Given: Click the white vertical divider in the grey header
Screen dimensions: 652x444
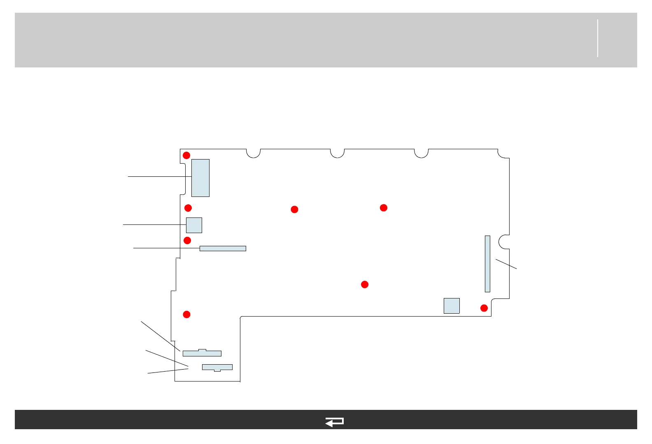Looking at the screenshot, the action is [597, 38].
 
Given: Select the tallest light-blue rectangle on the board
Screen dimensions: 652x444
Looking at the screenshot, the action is [200, 178].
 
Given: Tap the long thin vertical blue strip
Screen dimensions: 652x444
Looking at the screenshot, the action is [487, 264].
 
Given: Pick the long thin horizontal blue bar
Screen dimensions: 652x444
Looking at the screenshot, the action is [223, 248].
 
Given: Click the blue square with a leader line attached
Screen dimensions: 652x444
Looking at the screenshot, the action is [194, 225].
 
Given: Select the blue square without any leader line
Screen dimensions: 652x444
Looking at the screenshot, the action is [452, 305].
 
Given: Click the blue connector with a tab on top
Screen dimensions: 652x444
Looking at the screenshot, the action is [202, 353].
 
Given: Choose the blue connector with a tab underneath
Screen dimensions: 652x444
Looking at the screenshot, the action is [217, 367].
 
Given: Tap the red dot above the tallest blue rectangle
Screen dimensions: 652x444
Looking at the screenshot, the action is [186, 155].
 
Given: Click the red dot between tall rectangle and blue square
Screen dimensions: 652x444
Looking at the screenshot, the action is [188, 208].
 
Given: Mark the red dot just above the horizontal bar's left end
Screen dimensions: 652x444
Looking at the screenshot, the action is [187, 240].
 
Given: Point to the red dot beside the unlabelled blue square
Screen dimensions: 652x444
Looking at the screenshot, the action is [484, 308].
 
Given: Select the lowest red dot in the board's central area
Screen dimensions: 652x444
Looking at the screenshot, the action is [365, 284].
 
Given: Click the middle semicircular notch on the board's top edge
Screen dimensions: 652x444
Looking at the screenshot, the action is [338, 153].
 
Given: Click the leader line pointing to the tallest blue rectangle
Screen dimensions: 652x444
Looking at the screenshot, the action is [160, 176].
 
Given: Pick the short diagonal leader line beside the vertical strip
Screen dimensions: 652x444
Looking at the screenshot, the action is [506, 264].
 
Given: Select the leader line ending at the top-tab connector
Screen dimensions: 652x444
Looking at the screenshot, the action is [161, 336].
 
